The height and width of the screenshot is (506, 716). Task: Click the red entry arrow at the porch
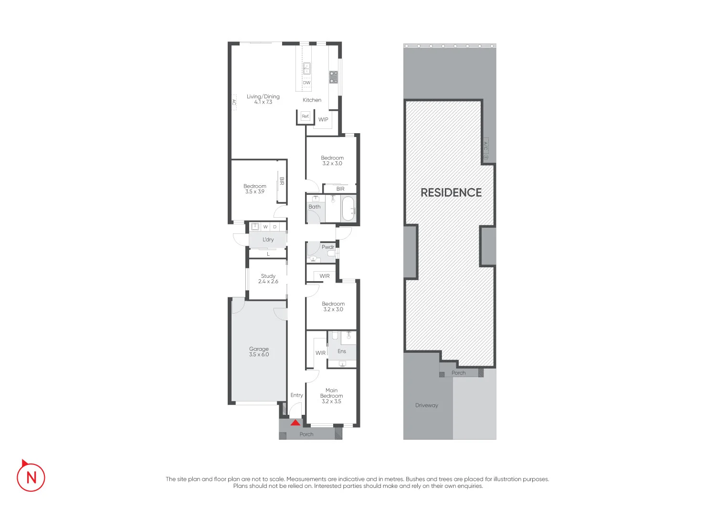click(295, 422)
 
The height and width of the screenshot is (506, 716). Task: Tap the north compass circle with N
click(31, 477)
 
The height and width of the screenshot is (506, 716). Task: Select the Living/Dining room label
click(263, 99)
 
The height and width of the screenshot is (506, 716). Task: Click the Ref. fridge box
click(305, 116)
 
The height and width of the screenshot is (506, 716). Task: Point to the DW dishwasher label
click(306, 83)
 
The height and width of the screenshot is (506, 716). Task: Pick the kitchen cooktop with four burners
click(333, 77)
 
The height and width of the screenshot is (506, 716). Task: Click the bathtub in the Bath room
click(348, 209)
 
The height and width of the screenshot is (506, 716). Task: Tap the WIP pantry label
click(323, 119)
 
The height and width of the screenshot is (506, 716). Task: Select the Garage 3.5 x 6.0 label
click(259, 352)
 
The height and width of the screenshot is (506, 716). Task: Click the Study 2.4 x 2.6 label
click(268, 278)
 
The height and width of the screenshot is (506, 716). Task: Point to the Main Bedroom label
click(331, 396)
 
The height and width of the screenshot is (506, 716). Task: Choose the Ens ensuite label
click(342, 351)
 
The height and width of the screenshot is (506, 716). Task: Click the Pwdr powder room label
click(328, 247)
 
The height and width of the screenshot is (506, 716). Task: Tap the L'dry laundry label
click(268, 240)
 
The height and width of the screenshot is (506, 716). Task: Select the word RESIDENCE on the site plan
click(451, 192)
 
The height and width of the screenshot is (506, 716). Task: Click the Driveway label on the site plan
click(426, 405)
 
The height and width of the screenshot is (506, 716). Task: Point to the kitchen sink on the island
click(306, 68)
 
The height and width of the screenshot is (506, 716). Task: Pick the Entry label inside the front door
click(296, 395)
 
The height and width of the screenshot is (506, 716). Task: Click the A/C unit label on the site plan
click(485, 146)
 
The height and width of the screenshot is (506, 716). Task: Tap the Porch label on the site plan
click(458, 373)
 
